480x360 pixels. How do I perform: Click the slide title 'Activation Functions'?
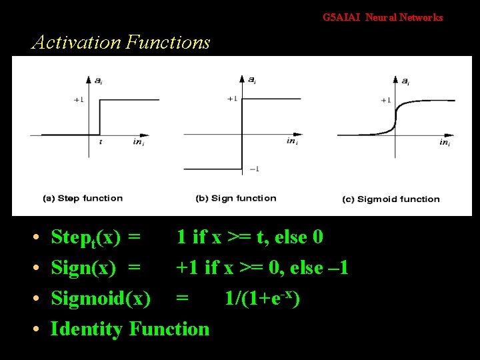click(x=121, y=43)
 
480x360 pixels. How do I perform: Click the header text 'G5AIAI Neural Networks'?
click(x=383, y=18)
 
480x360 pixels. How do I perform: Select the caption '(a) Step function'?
click(x=83, y=198)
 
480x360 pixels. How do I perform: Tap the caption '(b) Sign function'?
click(x=235, y=198)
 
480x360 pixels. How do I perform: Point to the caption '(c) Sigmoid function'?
click(x=391, y=199)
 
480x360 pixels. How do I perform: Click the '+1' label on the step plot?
click(x=79, y=100)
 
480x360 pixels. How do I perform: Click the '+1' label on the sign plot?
click(x=232, y=99)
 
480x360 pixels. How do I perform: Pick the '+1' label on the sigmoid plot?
click(x=385, y=100)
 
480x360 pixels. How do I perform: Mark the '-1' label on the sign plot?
click(x=254, y=169)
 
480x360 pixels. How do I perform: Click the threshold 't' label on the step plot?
click(x=101, y=141)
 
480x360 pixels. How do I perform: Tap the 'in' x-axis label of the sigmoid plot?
click(x=444, y=142)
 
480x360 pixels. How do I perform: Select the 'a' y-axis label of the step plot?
click(x=98, y=81)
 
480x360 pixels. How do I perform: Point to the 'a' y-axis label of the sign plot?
click(x=251, y=80)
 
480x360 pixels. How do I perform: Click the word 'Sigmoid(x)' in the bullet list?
click(x=101, y=299)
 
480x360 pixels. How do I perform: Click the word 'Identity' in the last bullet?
click(x=87, y=329)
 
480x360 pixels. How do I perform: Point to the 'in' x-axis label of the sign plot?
click(x=291, y=141)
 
